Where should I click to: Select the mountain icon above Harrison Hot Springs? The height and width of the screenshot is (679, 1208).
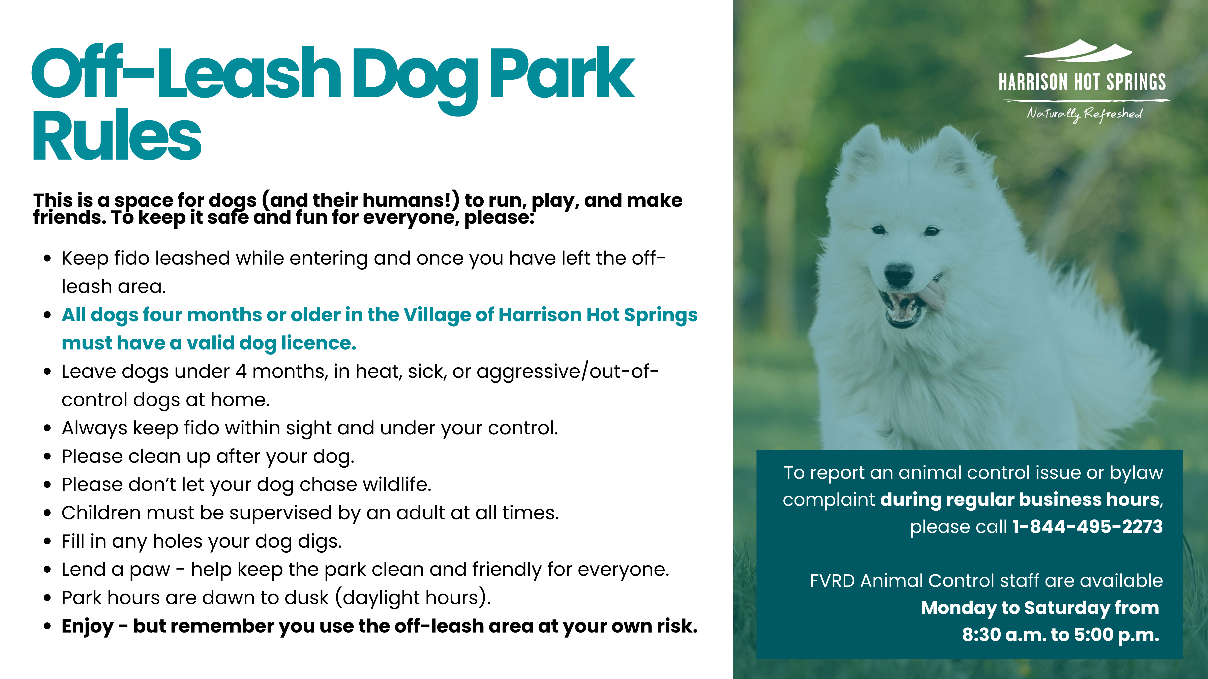[1077, 50]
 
